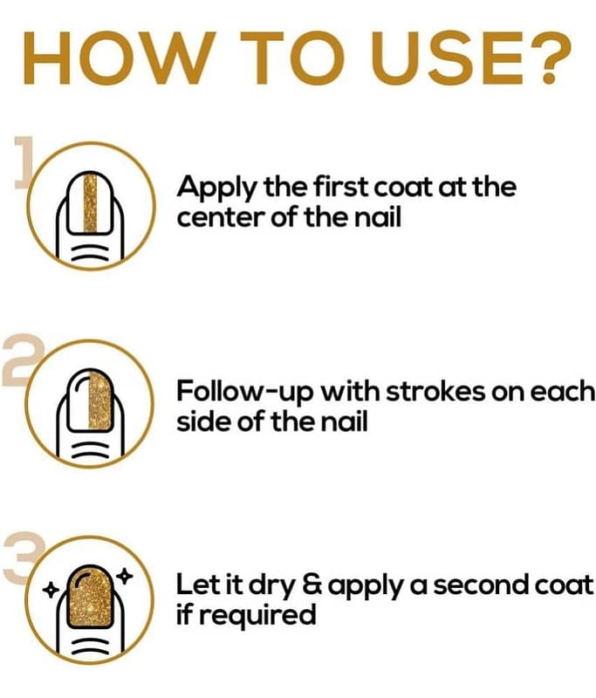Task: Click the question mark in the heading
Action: click(549, 58)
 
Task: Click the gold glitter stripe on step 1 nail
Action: click(91, 203)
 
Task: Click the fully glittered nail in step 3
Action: click(91, 598)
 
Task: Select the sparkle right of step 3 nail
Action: click(125, 576)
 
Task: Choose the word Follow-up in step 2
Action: click(245, 392)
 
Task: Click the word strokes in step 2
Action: click(434, 391)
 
